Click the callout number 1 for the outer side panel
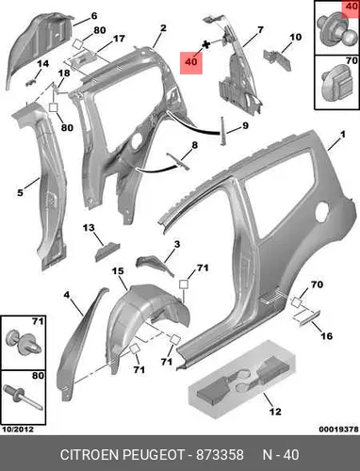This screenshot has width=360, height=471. (x=342, y=135)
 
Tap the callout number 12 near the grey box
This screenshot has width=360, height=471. (x=275, y=412)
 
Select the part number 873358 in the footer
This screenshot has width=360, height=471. (x=220, y=455)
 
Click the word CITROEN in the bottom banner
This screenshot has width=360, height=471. (x=90, y=455)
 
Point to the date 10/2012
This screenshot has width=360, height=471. (x=18, y=430)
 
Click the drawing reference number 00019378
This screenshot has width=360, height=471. (x=338, y=430)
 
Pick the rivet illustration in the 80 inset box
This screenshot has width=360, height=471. (x=23, y=398)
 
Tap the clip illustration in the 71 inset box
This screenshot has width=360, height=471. (x=24, y=343)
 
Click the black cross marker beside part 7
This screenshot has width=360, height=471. (x=205, y=44)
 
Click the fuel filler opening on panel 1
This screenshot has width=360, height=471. (x=322, y=211)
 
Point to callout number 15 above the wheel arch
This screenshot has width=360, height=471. (x=118, y=270)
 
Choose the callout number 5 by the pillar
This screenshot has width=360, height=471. (x=20, y=192)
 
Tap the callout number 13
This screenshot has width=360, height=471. (x=89, y=228)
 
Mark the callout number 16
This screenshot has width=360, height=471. (x=326, y=335)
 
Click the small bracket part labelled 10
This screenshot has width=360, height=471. (x=277, y=59)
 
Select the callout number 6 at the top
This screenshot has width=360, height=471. (x=94, y=16)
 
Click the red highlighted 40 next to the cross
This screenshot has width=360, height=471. (x=191, y=62)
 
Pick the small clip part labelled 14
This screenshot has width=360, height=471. (x=30, y=82)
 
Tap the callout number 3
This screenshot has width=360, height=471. (x=177, y=244)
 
